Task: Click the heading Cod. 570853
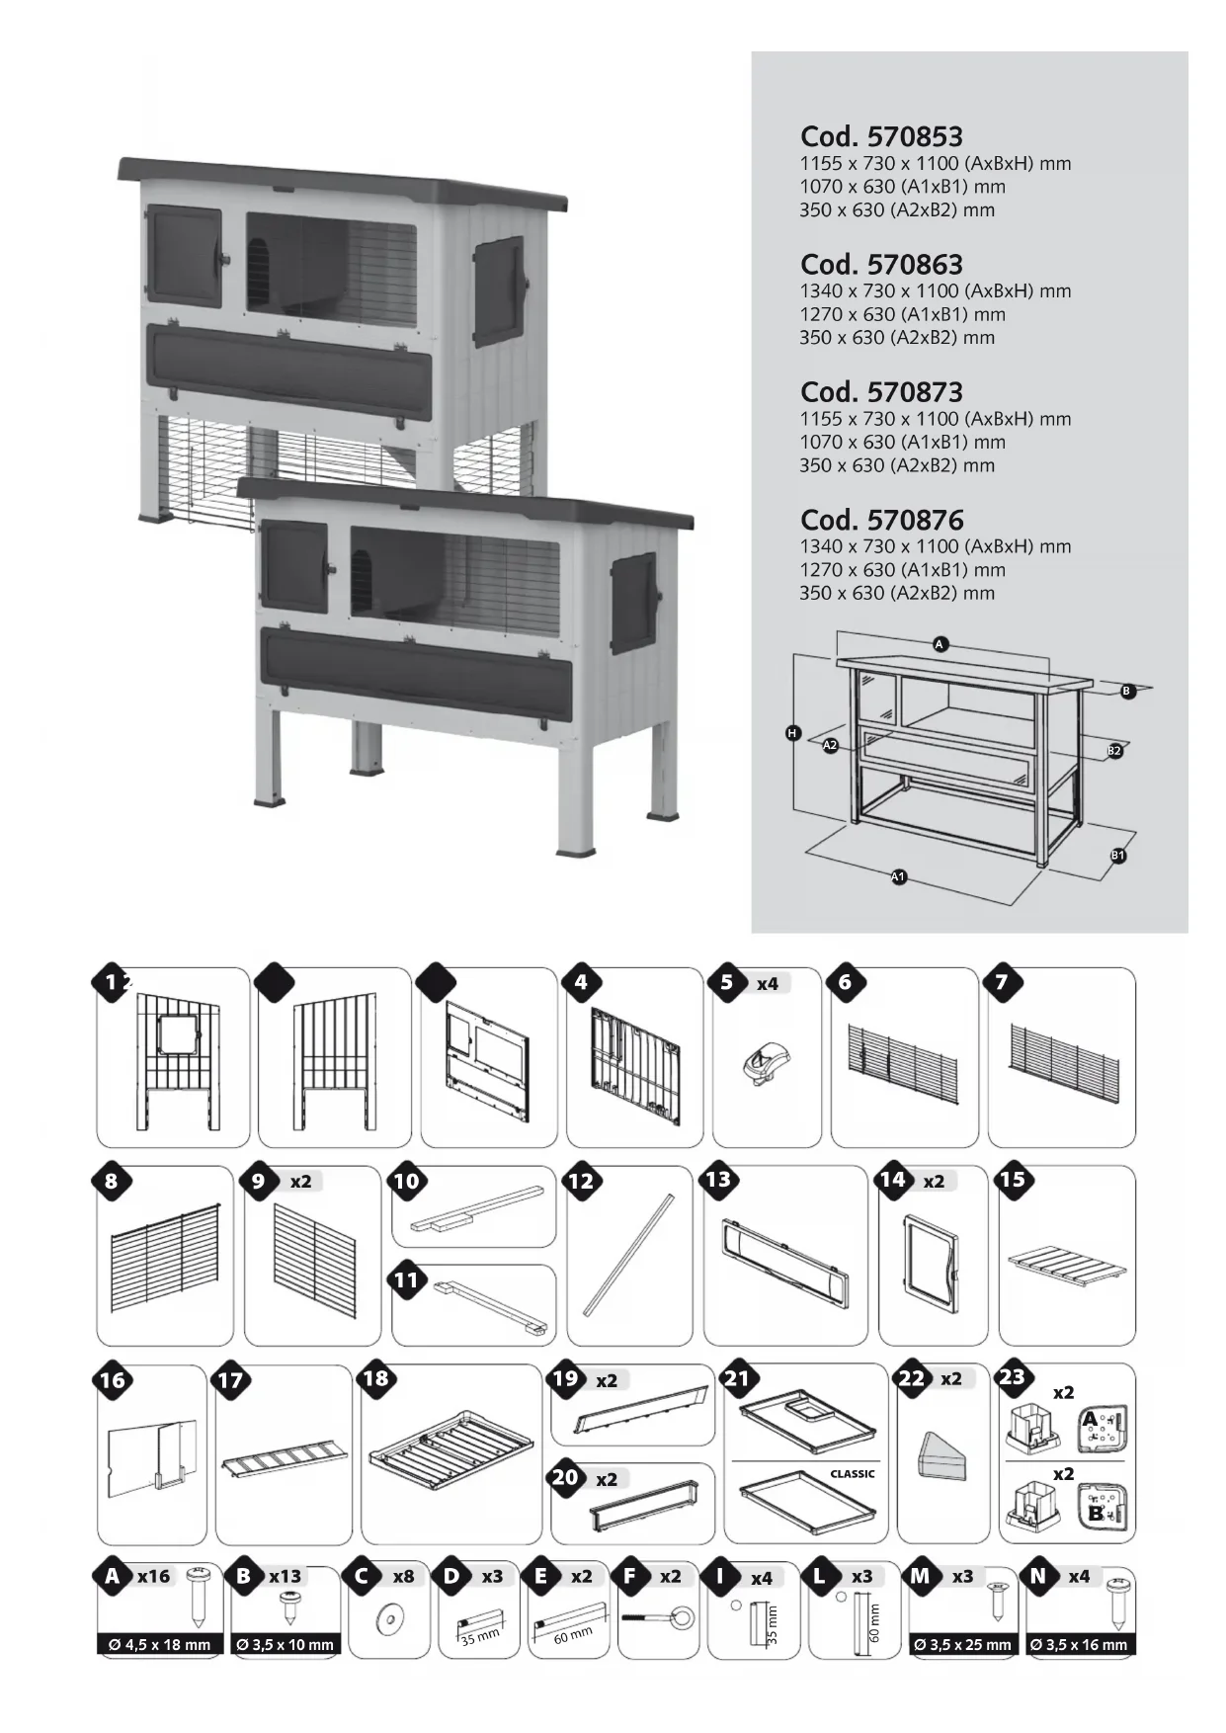[881, 136]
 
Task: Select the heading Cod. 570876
[881, 520]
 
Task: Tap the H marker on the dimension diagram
[792, 733]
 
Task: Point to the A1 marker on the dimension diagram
[898, 876]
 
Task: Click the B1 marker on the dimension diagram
[1118, 856]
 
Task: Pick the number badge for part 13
[719, 1179]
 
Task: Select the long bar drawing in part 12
[629, 1253]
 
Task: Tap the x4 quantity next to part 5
[768, 984]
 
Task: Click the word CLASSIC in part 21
[852, 1473]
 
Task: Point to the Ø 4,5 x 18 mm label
[160, 1645]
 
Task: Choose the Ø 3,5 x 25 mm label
[963, 1645]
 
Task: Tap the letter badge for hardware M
[920, 1576]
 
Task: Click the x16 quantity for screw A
[153, 1577]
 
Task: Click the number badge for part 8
[111, 1181]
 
